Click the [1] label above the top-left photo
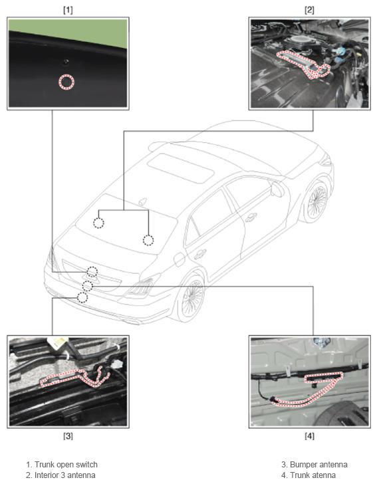[68, 10]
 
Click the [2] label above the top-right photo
[309, 10]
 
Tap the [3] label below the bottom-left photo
[68, 436]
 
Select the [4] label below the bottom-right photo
[309, 436]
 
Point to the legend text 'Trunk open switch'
[66, 464]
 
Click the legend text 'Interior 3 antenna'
[65, 475]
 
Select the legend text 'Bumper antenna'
[318, 464]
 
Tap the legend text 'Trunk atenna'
[313, 475]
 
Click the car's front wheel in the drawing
[316, 199]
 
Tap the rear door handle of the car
[200, 254]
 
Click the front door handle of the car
[251, 217]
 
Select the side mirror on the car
[277, 189]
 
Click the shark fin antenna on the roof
[142, 201]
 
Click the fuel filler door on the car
[180, 259]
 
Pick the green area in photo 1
[83, 31]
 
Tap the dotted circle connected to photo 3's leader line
[82, 298]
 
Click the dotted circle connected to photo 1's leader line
[92, 272]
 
